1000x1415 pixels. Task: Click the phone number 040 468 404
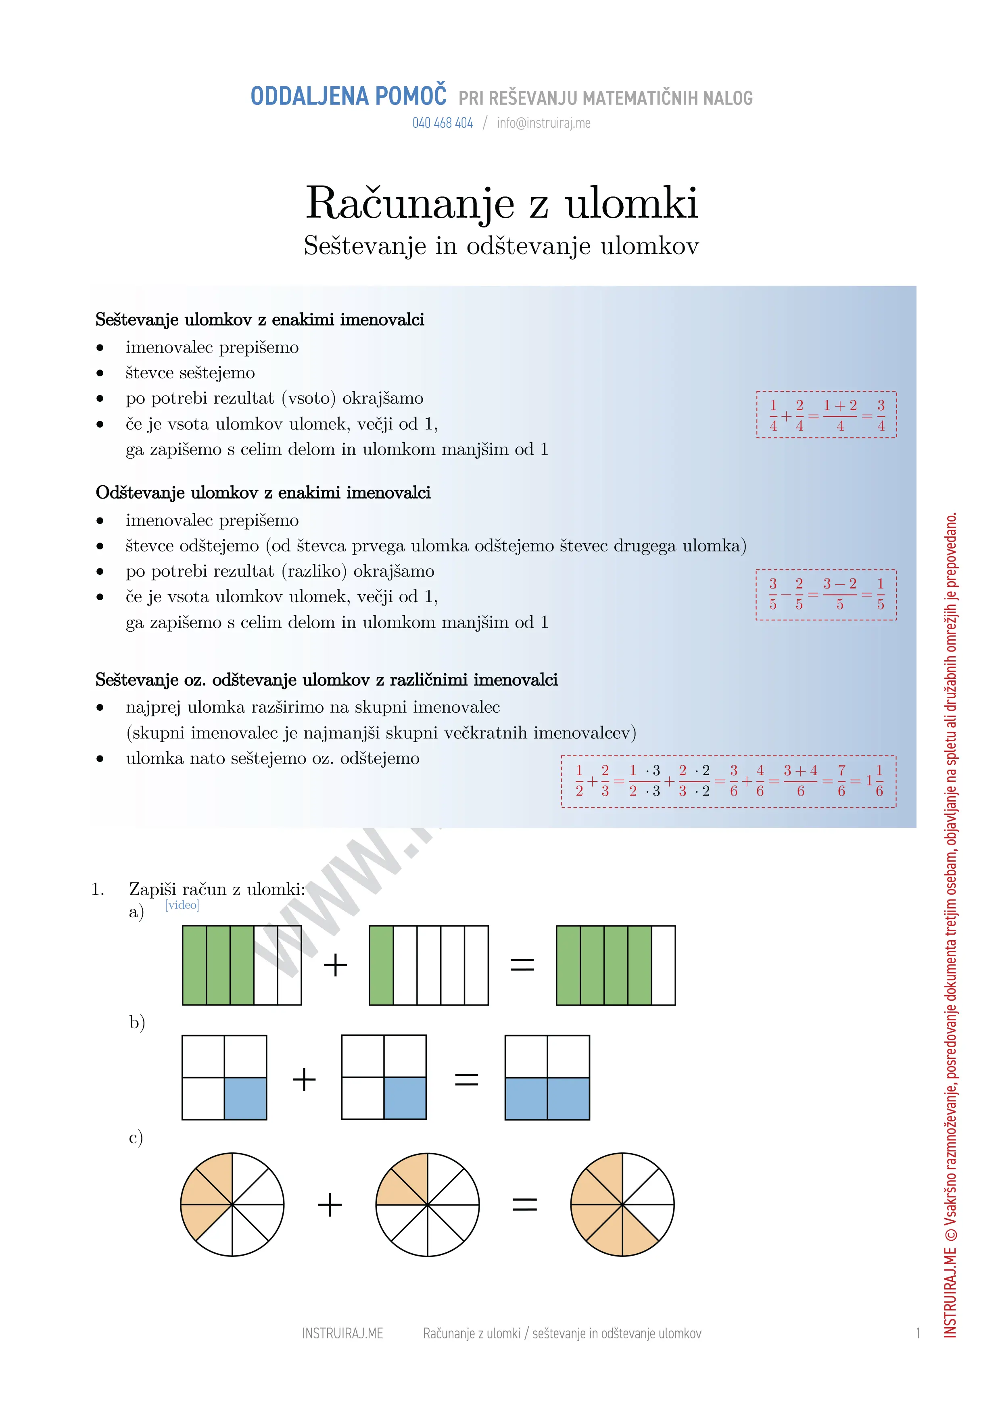443,123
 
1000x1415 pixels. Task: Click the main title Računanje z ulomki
501,203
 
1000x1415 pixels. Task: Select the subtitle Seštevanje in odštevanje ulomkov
501,246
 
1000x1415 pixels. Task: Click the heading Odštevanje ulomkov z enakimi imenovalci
263,493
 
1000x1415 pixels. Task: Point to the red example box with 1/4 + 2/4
826,415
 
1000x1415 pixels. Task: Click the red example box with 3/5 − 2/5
826,595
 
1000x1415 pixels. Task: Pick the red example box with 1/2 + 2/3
728,781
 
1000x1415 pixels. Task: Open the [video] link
182,905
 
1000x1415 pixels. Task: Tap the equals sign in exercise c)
525,1204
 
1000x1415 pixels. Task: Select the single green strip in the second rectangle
381,965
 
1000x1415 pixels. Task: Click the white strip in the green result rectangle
663,965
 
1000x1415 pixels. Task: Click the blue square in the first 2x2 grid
245,1098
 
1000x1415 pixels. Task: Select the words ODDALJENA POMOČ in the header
348,97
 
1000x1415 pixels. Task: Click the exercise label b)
137,1023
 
